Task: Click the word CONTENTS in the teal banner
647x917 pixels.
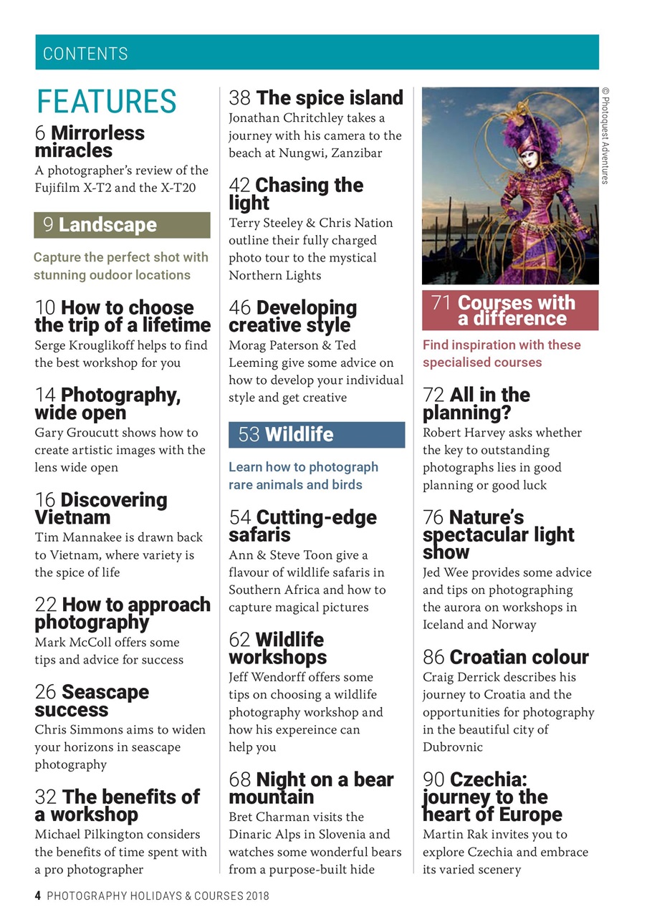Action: (85, 54)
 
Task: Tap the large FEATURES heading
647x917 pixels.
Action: (107, 102)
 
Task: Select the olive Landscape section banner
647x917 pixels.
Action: (122, 225)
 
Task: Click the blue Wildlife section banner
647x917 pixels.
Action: (316, 434)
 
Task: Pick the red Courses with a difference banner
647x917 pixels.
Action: (509, 310)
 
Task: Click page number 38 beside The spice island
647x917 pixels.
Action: (239, 98)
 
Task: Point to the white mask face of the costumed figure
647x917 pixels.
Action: (529, 156)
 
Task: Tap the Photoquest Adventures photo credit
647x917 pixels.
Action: (605, 135)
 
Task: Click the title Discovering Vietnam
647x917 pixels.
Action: (100, 509)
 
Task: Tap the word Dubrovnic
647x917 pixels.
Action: (453, 747)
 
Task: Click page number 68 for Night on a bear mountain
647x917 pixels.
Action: (240, 779)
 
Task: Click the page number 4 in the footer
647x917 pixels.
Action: (38, 896)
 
